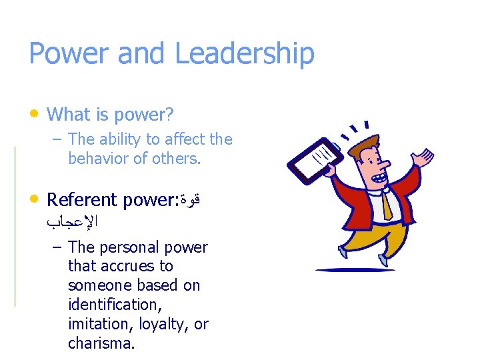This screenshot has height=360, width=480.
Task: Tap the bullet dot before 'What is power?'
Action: (35, 113)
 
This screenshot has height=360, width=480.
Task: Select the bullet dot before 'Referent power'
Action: (35, 198)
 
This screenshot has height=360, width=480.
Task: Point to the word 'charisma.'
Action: (101, 343)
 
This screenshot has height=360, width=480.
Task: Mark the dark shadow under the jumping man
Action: (355, 270)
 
